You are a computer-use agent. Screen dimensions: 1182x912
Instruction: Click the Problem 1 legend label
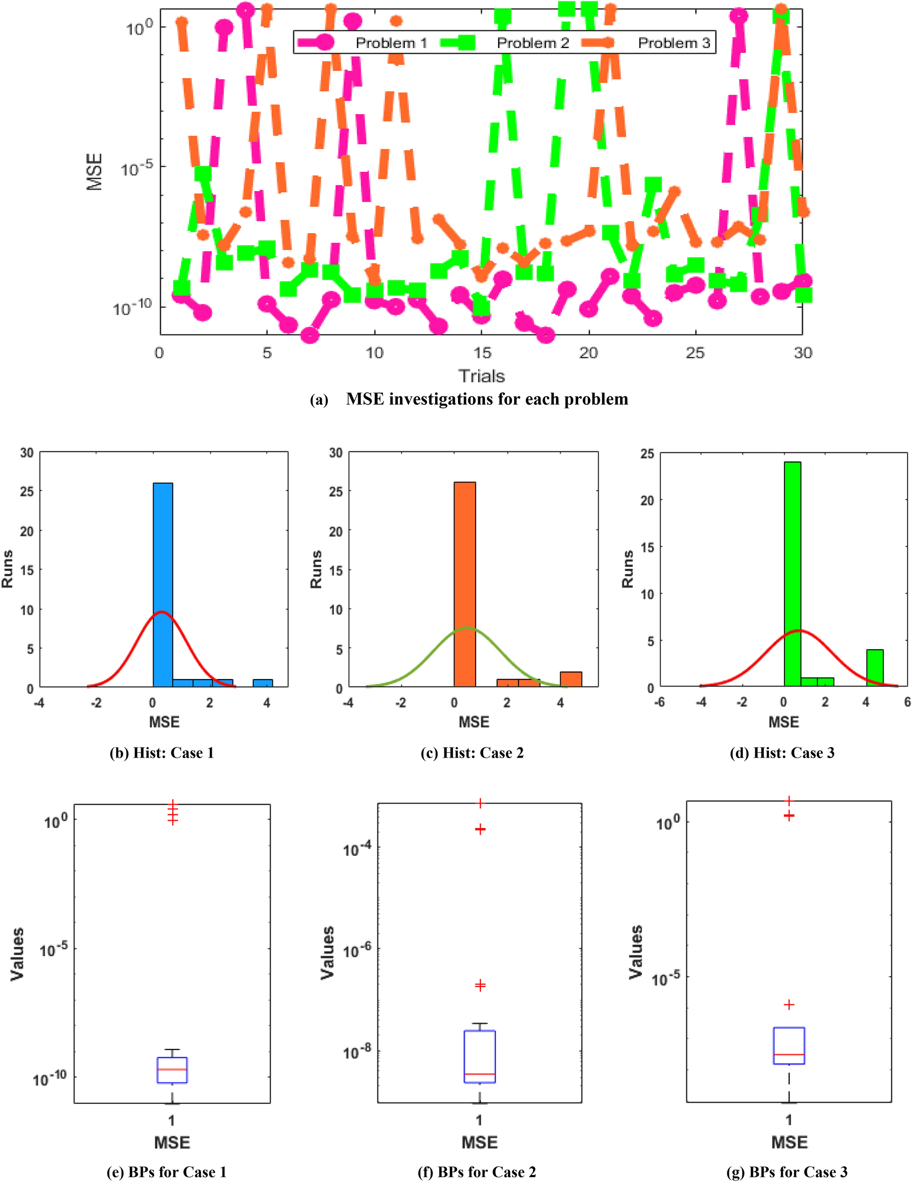click(x=391, y=43)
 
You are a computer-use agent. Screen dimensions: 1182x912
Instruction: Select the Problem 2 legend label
click(x=533, y=43)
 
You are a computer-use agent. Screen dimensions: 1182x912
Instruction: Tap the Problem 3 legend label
click(x=674, y=43)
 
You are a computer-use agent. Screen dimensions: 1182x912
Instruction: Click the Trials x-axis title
click(x=481, y=376)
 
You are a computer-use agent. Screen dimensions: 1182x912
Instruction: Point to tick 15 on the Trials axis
click(x=482, y=353)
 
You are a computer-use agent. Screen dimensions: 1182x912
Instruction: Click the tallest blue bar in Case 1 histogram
click(x=163, y=584)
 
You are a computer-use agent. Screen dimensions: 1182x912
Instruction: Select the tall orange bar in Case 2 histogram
click(x=465, y=584)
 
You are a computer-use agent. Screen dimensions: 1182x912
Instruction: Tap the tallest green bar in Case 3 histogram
click(x=792, y=573)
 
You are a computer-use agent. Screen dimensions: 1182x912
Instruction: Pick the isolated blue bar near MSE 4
click(x=263, y=683)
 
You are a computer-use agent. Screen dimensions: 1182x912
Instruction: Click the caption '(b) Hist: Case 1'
click(x=162, y=753)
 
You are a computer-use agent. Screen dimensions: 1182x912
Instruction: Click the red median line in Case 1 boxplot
click(x=172, y=1069)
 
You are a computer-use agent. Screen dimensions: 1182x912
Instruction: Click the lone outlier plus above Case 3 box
click(x=789, y=1004)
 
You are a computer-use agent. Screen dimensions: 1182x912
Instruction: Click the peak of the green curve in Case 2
click(x=467, y=629)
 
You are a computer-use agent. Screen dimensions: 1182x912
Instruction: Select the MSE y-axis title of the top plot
click(x=94, y=172)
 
